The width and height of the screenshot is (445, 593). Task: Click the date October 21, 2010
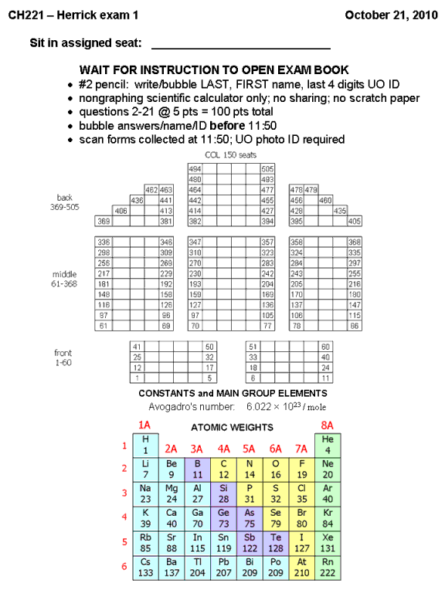[391, 15]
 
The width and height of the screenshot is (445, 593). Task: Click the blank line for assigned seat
[241, 49]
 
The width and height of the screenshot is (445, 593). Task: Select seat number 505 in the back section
[267, 168]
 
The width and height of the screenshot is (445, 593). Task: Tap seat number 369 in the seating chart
[104, 222]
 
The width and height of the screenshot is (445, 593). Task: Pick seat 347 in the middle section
[195, 242]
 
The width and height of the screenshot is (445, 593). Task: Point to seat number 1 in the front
[137, 378]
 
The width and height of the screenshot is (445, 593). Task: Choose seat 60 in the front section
[325, 347]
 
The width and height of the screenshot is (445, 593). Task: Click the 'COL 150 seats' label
[230, 155]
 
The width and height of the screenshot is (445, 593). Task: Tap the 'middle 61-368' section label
[64, 279]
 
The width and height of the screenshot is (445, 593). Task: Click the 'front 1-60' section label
[63, 357]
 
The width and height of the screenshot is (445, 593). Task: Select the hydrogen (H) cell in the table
[146, 445]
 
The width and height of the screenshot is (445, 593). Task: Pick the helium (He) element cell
[328, 445]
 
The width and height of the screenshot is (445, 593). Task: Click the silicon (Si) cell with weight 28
[223, 494]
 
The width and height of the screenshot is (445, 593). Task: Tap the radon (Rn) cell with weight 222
[328, 568]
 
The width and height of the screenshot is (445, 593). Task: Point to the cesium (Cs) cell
[146, 568]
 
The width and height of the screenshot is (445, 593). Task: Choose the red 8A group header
[328, 425]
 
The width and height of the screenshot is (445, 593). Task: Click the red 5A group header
[249, 449]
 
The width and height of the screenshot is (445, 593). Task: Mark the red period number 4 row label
[124, 517]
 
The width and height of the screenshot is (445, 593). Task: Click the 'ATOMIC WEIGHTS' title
[232, 427]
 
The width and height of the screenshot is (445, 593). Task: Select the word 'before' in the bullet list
[227, 126]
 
